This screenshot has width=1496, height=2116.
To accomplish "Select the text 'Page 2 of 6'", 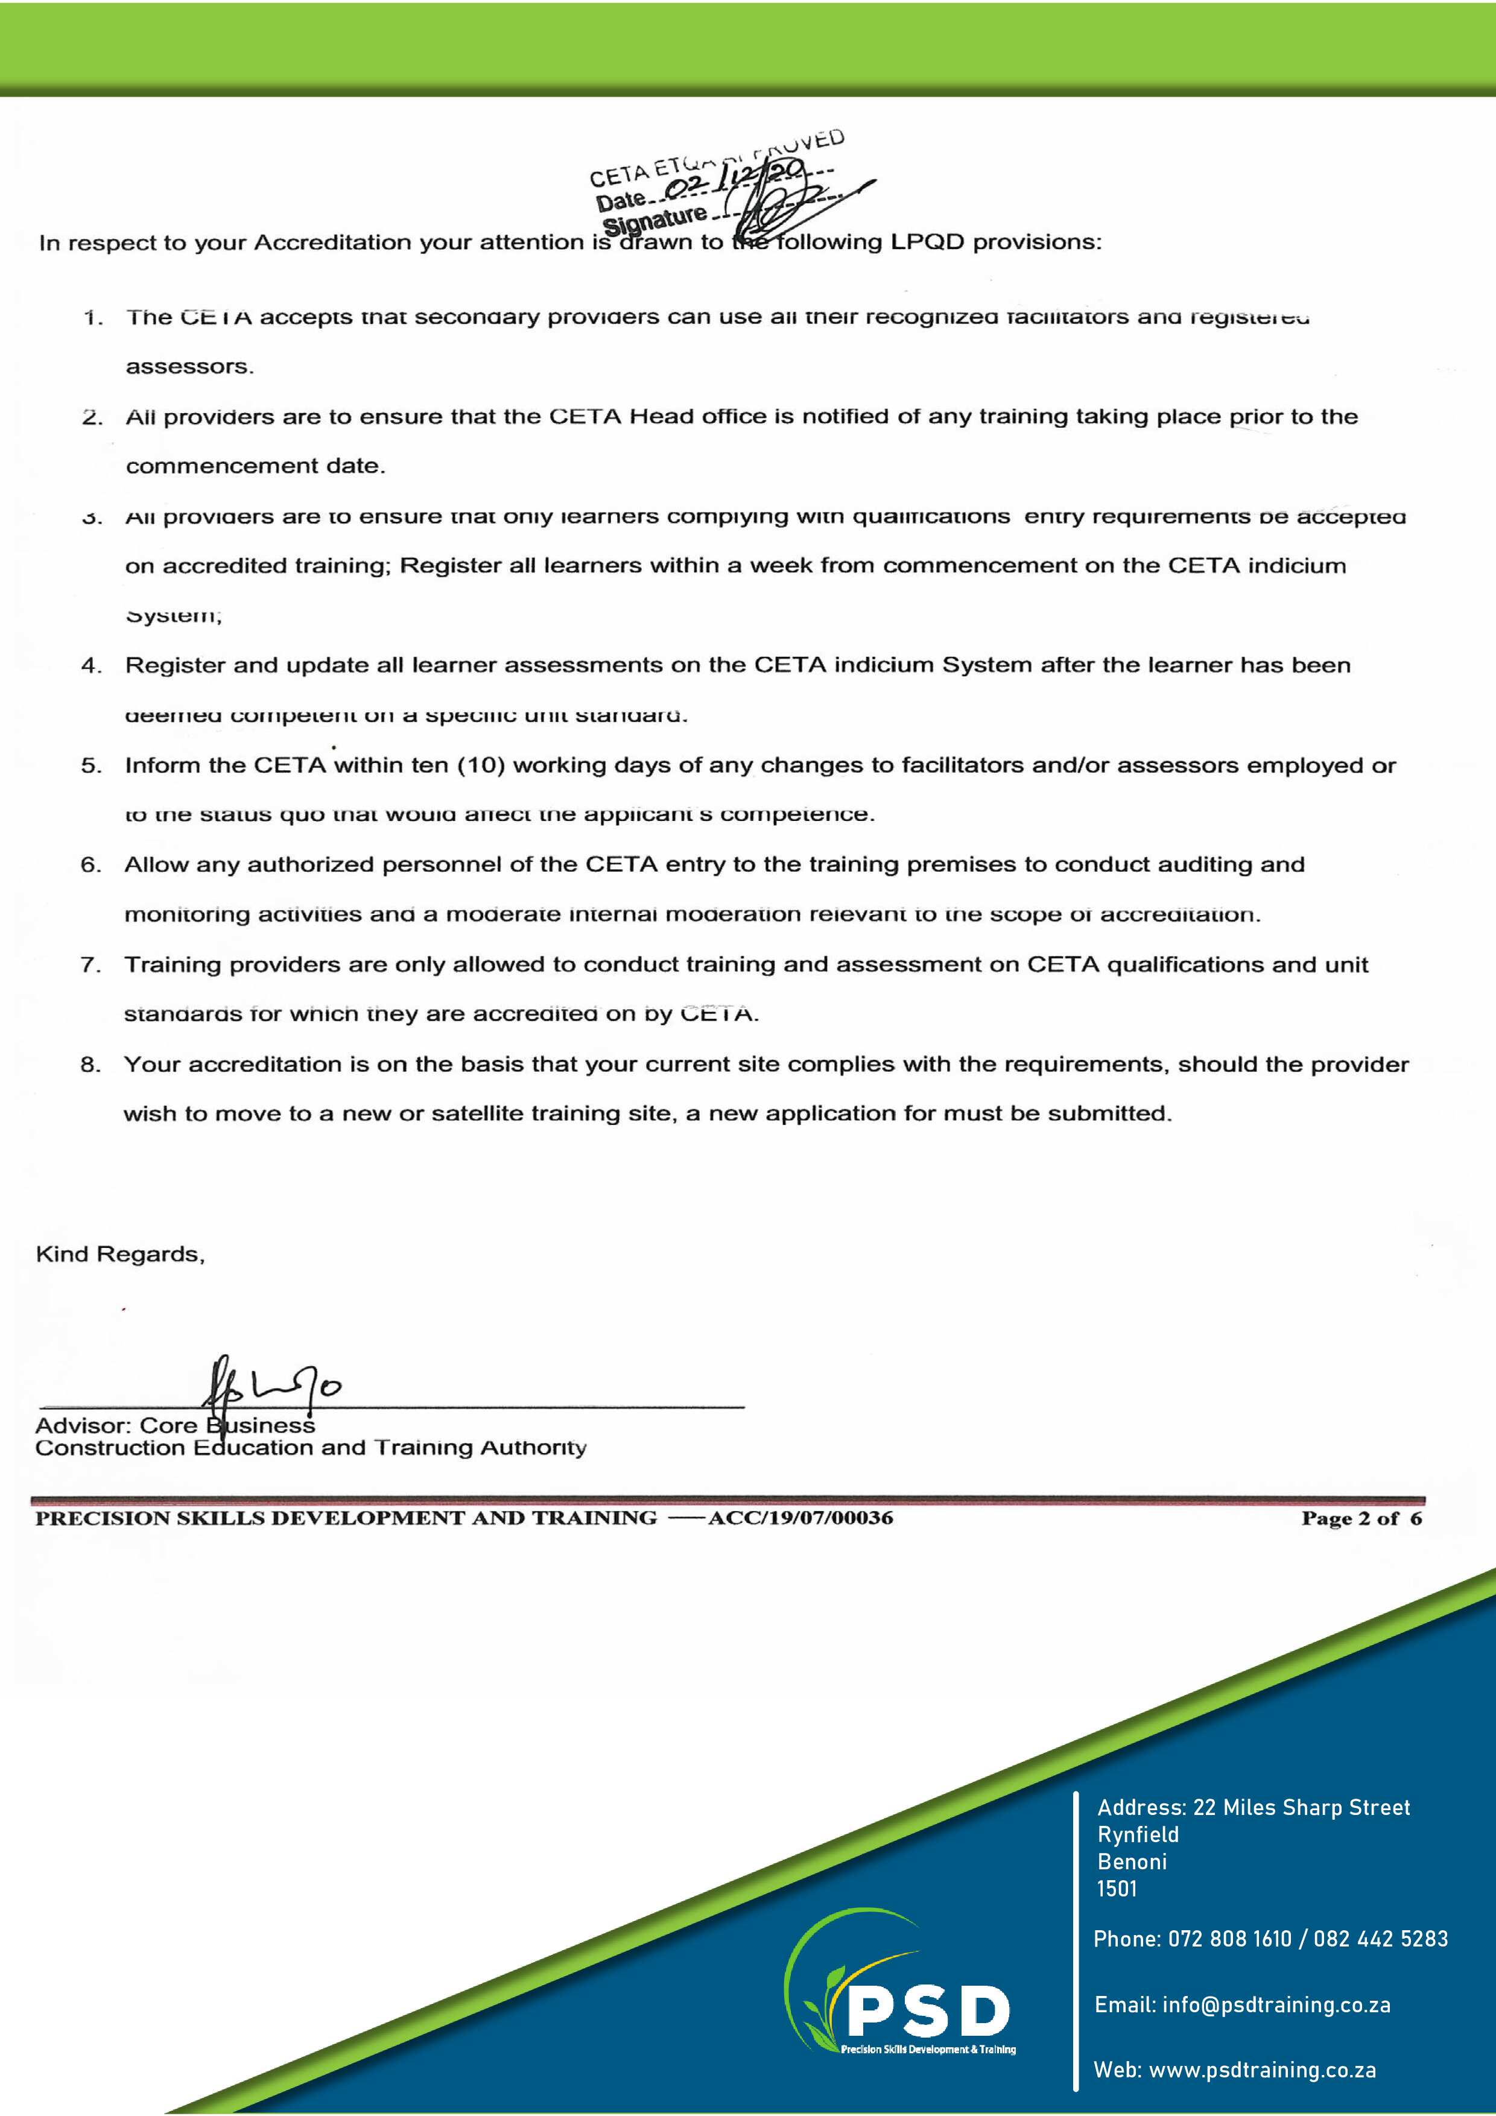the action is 1360,1519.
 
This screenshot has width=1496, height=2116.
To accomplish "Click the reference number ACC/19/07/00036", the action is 800,1518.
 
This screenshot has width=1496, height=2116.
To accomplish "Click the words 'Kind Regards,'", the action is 120,1254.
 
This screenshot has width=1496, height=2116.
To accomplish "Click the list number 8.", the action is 90,1065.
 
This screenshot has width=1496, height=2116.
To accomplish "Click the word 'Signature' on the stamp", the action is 654,220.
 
